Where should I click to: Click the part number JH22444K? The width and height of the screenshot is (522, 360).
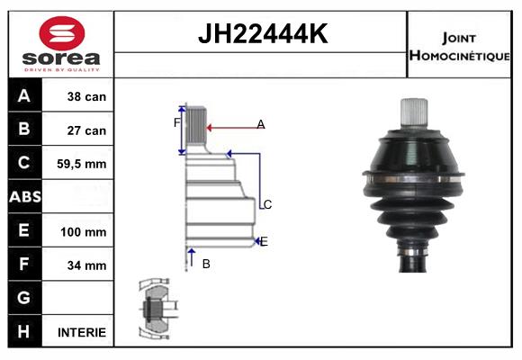pyautogui.click(x=262, y=35)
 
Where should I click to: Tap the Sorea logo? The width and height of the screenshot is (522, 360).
pyautogui.click(x=61, y=46)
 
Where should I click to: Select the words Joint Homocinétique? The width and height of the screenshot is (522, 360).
pyautogui.click(x=459, y=46)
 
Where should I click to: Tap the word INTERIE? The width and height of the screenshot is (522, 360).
pyautogui.click(x=82, y=332)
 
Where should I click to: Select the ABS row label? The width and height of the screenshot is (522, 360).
pyautogui.click(x=24, y=197)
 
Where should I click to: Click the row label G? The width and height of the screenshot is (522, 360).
pyautogui.click(x=24, y=298)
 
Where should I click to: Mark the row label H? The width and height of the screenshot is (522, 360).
pyautogui.click(x=24, y=331)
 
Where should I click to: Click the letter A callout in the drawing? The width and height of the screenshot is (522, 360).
pyautogui.click(x=260, y=124)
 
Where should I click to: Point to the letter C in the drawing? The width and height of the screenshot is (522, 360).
pyautogui.click(x=266, y=205)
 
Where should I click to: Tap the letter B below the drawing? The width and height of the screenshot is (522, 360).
pyautogui.click(x=206, y=264)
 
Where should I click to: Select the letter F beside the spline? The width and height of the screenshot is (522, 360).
pyautogui.click(x=177, y=121)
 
